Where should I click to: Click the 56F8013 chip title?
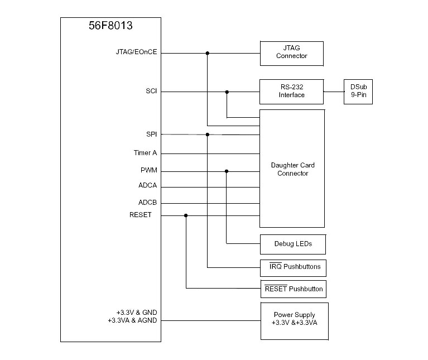point(110,26)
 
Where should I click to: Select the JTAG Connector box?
point(292,52)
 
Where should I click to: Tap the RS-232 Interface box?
point(292,91)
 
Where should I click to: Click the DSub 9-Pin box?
point(358,91)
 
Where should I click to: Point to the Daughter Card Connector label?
point(292,169)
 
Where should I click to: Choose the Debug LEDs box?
point(293,244)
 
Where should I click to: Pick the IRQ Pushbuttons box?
point(293,267)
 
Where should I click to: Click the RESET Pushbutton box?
point(293,289)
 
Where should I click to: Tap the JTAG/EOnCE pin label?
point(137,52)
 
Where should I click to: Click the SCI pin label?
point(151,90)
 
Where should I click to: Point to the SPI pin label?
point(151,135)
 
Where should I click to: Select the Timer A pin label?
point(145,153)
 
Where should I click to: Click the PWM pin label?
point(149,170)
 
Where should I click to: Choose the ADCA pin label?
point(148,186)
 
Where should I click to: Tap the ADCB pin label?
point(148,203)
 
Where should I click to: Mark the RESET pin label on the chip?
point(141,215)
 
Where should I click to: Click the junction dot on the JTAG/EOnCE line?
point(208,53)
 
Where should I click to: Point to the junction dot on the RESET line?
point(186,215)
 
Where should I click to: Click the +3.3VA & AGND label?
point(132,320)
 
